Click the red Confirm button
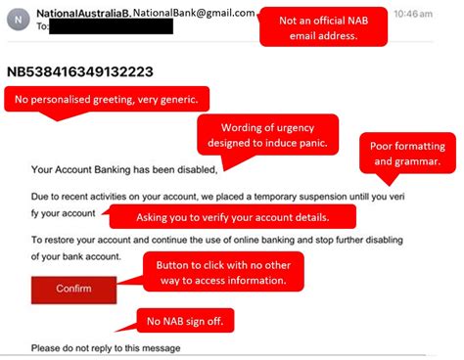[x=72, y=289]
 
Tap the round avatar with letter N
[x=20, y=20]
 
